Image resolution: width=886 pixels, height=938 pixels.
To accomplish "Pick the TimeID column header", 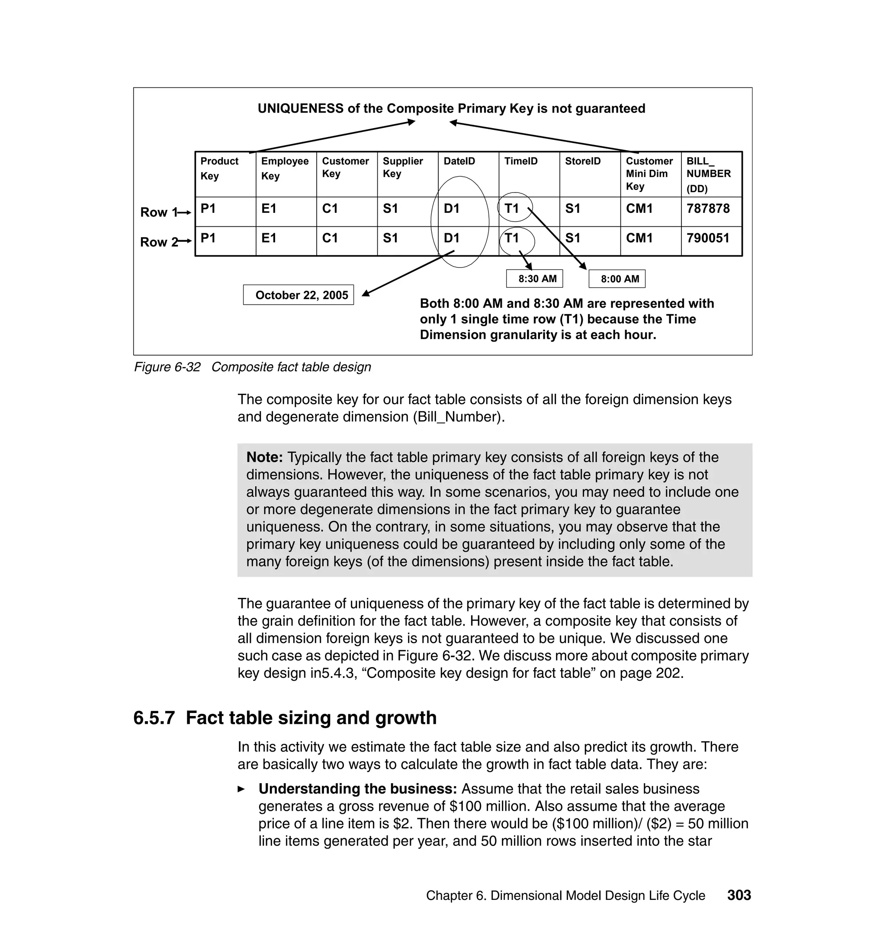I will (521, 161).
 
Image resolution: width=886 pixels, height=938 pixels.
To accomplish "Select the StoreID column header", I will (583, 161).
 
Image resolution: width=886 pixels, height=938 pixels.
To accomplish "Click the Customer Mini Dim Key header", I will (649, 173).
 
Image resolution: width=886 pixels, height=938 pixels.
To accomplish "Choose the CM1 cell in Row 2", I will (639, 238).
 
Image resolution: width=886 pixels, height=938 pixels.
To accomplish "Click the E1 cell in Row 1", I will (269, 209).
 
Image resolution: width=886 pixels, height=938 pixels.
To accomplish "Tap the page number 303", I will (738, 895).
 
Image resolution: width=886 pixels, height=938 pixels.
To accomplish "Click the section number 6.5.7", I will (154, 717).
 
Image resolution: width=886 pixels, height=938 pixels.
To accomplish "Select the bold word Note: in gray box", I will (264, 457).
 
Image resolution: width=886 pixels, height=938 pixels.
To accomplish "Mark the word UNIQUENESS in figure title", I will (300, 109).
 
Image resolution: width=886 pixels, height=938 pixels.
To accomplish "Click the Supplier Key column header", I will (402, 167).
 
